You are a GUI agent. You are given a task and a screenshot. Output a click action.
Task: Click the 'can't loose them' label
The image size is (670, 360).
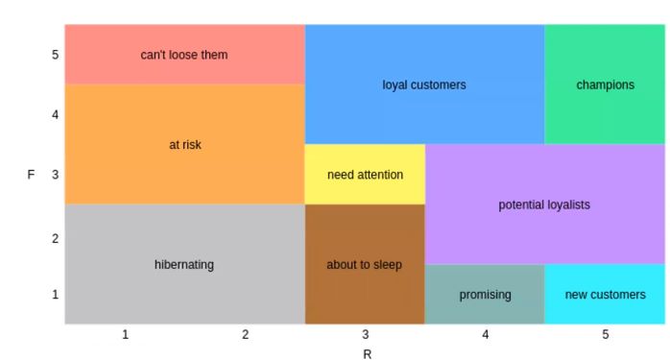pyautogui.click(x=184, y=55)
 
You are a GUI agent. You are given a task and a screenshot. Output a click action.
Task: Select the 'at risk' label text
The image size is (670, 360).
pyautogui.click(x=184, y=145)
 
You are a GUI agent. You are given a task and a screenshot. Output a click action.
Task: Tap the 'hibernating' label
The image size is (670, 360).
pyautogui.click(x=184, y=264)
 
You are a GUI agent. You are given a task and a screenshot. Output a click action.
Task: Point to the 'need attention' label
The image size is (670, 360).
pyautogui.click(x=365, y=175)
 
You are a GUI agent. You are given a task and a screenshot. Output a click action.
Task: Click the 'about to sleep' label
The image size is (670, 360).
pyautogui.click(x=364, y=264)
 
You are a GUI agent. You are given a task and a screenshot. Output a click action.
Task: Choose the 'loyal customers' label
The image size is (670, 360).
pyautogui.click(x=424, y=84)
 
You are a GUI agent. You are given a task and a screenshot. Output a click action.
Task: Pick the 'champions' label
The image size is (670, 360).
pyautogui.click(x=605, y=84)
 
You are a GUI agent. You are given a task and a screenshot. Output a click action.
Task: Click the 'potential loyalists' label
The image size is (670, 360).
pyautogui.click(x=544, y=204)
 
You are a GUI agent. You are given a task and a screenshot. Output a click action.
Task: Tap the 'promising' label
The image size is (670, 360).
pyautogui.click(x=485, y=294)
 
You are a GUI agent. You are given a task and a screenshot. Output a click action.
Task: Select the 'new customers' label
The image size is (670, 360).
pyautogui.click(x=605, y=294)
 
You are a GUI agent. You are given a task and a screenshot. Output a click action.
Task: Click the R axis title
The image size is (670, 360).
pyautogui.click(x=367, y=353)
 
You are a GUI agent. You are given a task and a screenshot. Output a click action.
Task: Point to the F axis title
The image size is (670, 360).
pyautogui.click(x=31, y=175)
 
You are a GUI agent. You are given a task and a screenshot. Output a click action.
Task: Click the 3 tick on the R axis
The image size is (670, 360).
pyautogui.click(x=365, y=334)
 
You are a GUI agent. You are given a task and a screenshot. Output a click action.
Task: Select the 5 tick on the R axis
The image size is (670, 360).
pyautogui.click(x=605, y=334)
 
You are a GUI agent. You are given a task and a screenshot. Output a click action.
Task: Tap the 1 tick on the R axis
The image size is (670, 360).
pyautogui.click(x=125, y=334)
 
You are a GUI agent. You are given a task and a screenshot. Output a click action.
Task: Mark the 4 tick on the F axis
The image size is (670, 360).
pyautogui.click(x=56, y=115)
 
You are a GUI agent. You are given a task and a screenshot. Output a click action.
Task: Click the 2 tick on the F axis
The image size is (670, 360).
pyautogui.click(x=56, y=238)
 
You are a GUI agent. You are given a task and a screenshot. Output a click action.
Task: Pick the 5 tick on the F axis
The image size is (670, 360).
pyautogui.click(x=56, y=55)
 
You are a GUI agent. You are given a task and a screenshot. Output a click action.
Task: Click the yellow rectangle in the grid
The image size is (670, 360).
pyautogui.click(x=365, y=158)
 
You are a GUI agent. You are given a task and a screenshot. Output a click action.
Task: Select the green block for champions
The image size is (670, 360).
pyautogui.click(x=605, y=110)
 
